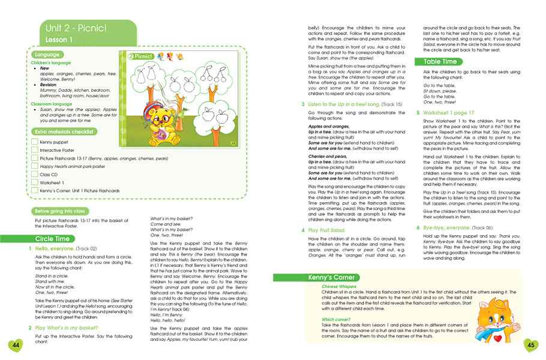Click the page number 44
tap(15, 344)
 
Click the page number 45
tap(530, 344)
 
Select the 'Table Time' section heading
tap(440, 61)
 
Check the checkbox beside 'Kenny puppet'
tap(35, 142)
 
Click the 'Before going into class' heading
tap(59, 211)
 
